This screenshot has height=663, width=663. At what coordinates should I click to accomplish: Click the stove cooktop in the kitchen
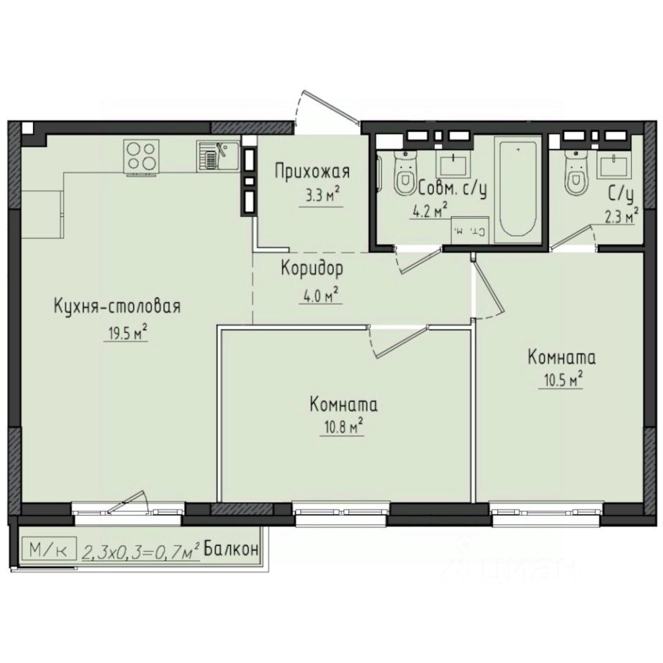tap(142, 157)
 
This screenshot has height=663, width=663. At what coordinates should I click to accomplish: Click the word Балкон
tap(232, 550)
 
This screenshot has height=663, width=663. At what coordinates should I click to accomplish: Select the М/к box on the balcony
tap(49, 551)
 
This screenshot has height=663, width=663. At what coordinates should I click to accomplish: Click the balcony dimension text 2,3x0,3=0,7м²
tap(141, 552)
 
